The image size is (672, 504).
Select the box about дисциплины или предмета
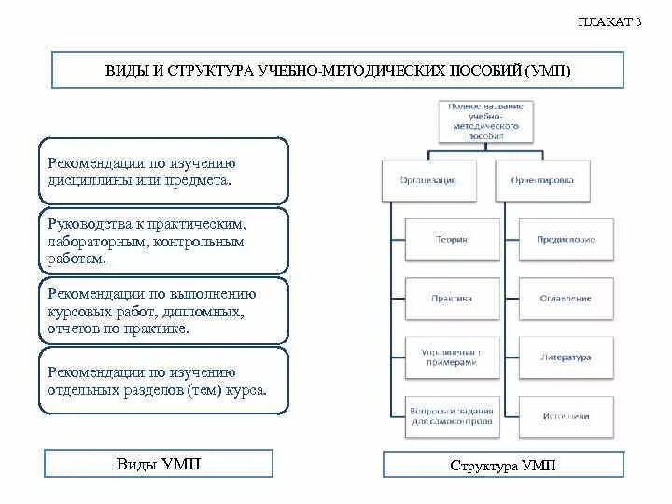(164, 171)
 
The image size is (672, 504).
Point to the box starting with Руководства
(164, 242)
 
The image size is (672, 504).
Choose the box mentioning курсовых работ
(164, 311)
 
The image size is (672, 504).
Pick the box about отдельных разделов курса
(164, 381)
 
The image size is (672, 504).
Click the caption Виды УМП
(159, 464)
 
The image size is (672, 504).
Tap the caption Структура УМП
(502, 465)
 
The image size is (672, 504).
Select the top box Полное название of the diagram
(485, 120)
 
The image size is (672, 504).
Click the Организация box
(429, 180)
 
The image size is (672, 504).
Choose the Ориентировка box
(543, 180)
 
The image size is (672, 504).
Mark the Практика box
(452, 299)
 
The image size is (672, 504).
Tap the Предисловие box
(566, 240)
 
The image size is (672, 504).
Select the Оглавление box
(566, 299)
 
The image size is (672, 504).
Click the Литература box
(566, 357)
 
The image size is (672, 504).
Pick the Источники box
(566, 416)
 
